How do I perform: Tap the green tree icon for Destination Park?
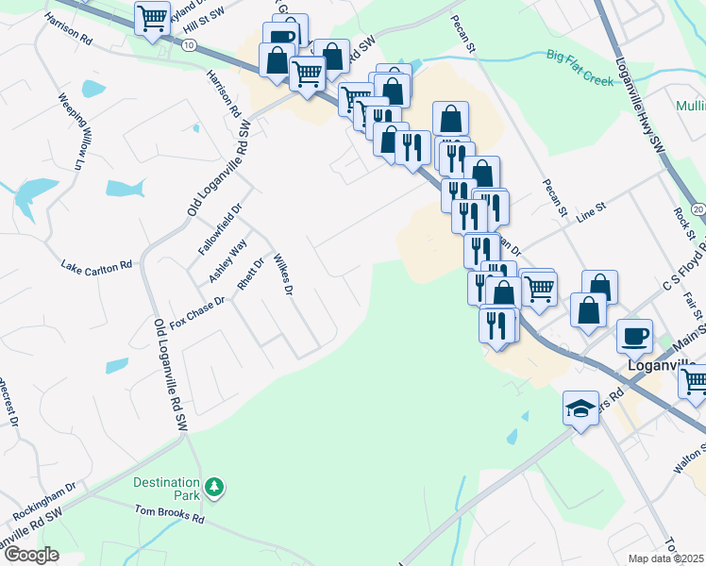point(217,487)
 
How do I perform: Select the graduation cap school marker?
point(581,408)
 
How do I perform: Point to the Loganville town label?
point(663,365)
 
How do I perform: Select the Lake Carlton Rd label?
point(96,266)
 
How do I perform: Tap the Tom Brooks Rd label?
point(169,517)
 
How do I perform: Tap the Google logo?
point(31,555)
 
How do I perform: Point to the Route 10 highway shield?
point(190,44)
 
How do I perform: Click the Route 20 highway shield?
point(698,208)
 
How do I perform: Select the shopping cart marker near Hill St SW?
point(151,19)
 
